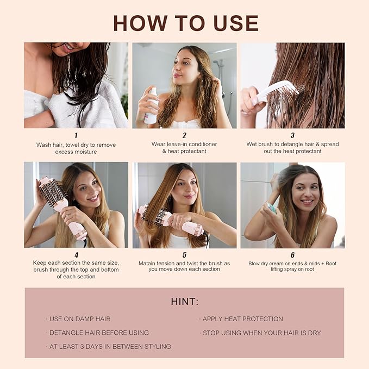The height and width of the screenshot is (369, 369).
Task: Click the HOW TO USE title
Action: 185,23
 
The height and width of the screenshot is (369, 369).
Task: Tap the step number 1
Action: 76,135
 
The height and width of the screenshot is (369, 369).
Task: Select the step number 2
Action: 184,135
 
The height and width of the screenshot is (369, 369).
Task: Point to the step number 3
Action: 292,135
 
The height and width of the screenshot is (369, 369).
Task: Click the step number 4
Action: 76,254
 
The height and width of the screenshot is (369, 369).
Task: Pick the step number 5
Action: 184,254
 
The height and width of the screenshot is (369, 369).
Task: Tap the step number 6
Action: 292,254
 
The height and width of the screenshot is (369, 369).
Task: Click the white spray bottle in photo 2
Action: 151,106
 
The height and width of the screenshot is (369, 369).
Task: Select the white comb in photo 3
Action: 277,91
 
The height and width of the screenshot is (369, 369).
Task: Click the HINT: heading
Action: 184,302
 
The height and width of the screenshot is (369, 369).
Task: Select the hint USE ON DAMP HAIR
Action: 79,319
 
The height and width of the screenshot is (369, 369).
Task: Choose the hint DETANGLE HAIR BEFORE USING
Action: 98,333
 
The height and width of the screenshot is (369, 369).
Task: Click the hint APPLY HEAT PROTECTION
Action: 242,319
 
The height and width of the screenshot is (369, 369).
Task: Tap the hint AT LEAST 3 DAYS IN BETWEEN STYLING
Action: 109,346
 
